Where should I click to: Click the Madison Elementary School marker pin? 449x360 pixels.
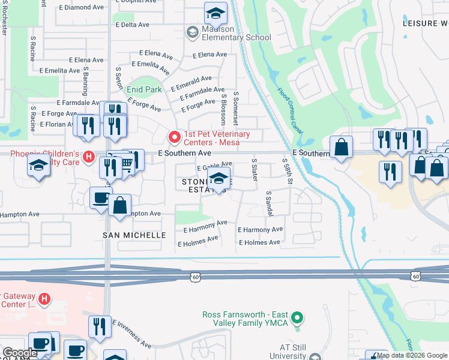193,32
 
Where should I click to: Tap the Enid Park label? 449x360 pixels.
144,89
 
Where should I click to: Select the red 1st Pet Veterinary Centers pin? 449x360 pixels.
175,138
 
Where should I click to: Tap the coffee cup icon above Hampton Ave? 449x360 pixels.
101,197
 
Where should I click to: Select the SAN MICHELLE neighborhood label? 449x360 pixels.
134,235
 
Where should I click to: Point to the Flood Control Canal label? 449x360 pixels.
290,110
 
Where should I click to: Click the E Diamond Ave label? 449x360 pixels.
82,8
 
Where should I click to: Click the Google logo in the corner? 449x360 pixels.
20,353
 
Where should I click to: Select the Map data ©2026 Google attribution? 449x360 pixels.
412,355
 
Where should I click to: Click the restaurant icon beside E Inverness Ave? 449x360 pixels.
100,326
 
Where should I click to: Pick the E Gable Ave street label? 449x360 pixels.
214,165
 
